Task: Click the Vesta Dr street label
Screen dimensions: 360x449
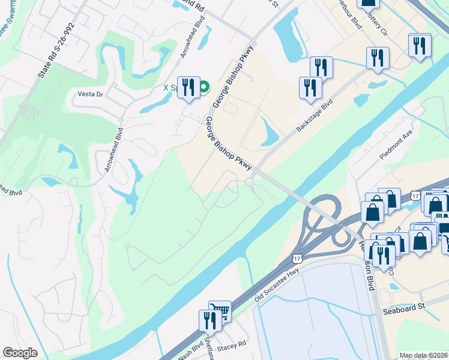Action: (91, 94)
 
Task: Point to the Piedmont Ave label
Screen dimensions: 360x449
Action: (396, 144)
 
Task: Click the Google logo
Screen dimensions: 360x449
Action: (20, 353)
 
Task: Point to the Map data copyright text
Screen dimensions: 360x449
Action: (424, 355)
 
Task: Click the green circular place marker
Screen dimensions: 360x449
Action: (203, 87)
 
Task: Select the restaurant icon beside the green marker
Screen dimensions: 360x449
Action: (188, 87)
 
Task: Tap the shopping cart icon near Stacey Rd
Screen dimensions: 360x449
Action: (220, 311)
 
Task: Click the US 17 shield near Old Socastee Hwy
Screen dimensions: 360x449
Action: (296, 258)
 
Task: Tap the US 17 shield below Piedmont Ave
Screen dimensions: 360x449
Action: (416, 196)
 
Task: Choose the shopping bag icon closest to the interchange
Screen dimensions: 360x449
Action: (373, 212)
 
